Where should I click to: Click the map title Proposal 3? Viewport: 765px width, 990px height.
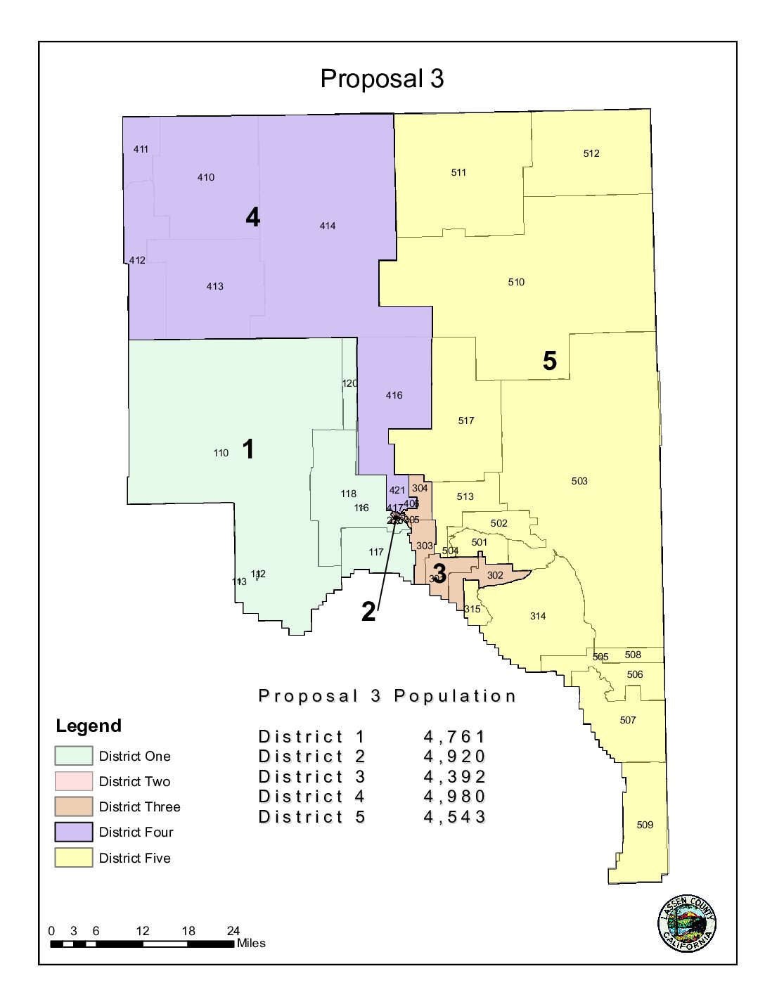(x=382, y=79)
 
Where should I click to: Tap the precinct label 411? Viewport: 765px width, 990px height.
(x=141, y=149)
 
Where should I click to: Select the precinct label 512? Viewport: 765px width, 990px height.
(x=591, y=153)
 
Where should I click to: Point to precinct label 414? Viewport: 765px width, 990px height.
(x=328, y=226)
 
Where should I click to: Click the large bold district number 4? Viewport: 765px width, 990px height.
(x=253, y=217)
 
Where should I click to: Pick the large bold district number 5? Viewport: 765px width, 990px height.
(x=550, y=361)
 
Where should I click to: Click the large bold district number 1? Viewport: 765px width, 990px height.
(x=248, y=449)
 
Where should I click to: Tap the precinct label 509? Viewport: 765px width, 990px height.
(x=645, y=825)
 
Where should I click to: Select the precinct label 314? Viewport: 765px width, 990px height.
(x=538, y=616)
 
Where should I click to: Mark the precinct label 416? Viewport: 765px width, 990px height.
(x=394, y=395)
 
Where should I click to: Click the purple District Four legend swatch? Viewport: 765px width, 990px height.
(x=74, y=832)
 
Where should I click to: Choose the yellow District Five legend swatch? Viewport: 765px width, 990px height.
(x=74, y=858)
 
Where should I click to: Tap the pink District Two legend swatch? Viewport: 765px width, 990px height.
(x=74, y=781)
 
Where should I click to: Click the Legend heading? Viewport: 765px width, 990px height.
(x=89, y=726)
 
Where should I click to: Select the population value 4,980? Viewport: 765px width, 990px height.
(x=454, y=797)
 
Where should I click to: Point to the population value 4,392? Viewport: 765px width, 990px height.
(x=454, y=777)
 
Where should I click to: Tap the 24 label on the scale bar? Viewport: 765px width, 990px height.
(x=233, y=931)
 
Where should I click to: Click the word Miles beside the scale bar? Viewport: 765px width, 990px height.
(x=251, y=944)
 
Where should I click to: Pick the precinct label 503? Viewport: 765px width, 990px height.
(x=579, y=481)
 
